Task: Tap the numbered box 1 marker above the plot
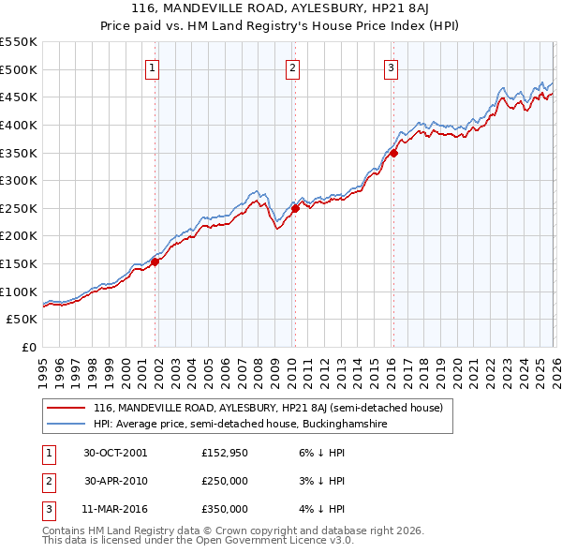(x=152, y=67)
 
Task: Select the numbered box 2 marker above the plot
(x=292, y=67)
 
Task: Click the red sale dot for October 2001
(x=155, y=262)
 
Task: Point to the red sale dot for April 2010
(x=295, y=209)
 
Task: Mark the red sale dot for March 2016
(x=393, y=153)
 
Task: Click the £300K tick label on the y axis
(x=19, y=180)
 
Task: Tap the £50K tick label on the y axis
(x=22, y=320)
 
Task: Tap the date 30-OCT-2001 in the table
(x=115, y=453)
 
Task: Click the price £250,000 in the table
(x=225, y=481)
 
